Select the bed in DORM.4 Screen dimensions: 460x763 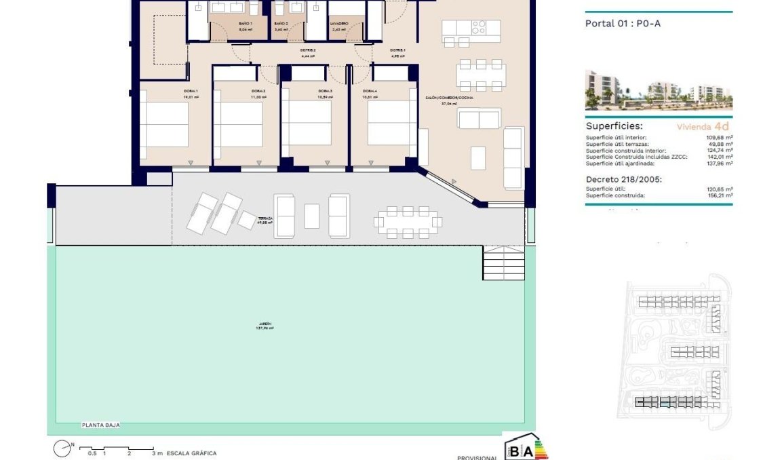[392, 123]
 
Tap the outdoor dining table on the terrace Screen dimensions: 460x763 [409, 221]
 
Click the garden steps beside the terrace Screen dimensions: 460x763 [503, 263]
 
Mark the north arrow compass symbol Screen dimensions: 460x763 [62, 448]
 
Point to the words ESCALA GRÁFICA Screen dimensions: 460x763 [191, 453]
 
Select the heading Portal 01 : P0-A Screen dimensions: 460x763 [622, 23]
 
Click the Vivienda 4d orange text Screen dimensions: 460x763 [703, 127]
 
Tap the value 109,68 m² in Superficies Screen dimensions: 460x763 [718, 137]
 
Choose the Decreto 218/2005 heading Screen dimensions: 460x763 [622, 179]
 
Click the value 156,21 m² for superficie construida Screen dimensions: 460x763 [718, 195]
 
